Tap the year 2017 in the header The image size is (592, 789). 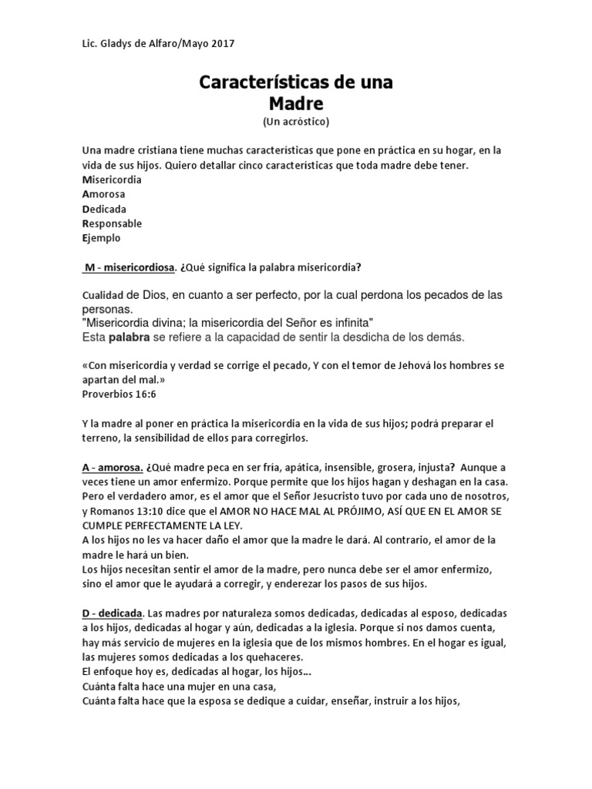click(221, 44)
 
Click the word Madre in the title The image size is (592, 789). click(297, 102)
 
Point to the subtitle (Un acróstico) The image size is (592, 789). click(297, 122)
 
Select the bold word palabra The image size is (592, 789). click(129, 337)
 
